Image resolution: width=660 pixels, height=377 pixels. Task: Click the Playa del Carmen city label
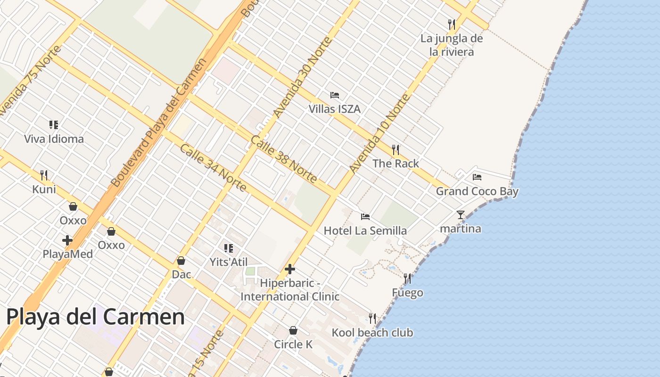[x=95, y=317]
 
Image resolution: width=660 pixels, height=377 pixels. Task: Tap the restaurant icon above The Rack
[x=396, y=150]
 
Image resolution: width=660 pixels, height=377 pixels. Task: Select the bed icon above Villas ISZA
[x=335, y=95]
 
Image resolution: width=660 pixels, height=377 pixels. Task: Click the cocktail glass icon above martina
[x=460, y=215]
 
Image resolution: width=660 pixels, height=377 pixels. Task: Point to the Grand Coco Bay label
[x=477, y=191]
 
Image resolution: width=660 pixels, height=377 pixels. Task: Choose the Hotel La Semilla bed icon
[x=365, y=217]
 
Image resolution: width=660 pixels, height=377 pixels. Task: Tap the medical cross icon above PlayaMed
[x=67, y=240]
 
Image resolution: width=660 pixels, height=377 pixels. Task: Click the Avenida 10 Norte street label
[x=379, y=133]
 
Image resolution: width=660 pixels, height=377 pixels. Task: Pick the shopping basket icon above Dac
[x=181, y=261]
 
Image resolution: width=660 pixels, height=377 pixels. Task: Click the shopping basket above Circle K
[x=293, y=330]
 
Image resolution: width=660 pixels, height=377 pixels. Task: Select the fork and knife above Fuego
[x=407, y=279]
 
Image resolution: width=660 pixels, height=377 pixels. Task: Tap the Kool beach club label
[x=372, y=333]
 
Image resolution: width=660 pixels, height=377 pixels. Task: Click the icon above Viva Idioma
[x=54, y=125]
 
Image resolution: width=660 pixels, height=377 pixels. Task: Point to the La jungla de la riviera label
[x=451, y=45]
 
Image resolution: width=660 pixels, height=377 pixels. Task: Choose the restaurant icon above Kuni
[x=44, y=175]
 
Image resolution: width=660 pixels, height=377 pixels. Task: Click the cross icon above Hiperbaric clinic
[x=290, y=269]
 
